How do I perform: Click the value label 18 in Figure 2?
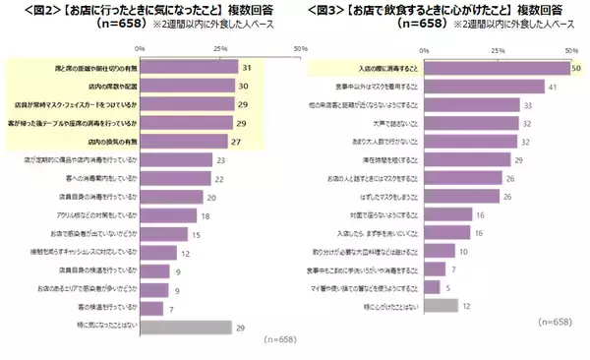pos(205,215)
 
